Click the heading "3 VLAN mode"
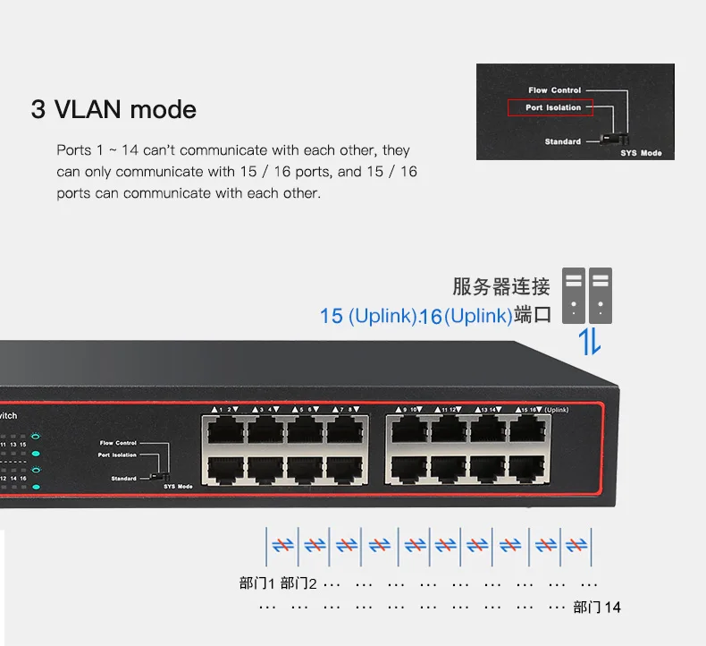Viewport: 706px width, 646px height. (x=113, y=110)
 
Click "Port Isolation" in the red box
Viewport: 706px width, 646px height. (x=552, y=107)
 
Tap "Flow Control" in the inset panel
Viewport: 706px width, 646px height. (x=554, y=90)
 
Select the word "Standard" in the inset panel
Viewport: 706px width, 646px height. (x=563, y=141)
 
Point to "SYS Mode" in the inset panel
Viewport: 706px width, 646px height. (x=641, y=153)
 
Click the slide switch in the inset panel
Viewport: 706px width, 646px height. (x=613, y=139)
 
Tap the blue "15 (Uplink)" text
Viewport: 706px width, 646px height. (x=368, y=316)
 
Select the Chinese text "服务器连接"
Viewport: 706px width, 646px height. (x=500, y=287)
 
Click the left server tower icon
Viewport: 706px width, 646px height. (x=573, y=294)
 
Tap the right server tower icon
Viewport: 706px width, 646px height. (x=601, y=294)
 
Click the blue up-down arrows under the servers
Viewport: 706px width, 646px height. (x=588, y=341)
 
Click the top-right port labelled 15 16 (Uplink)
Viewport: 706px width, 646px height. (x=527, y=429)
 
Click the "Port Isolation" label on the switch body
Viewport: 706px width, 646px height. (x=118, y=455)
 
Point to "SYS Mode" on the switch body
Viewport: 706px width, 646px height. (x=178, y=486)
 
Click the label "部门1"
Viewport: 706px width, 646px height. (x=257, y=584)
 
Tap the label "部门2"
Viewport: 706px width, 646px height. (x=298, y=584)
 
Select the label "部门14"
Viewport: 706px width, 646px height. (x=597, y=608)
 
